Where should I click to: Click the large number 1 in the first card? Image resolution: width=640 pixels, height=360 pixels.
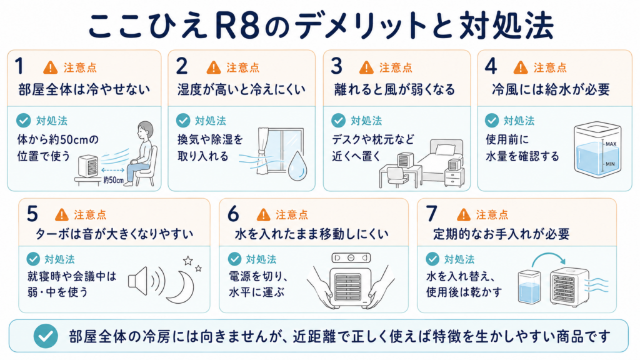[x=19, y=66]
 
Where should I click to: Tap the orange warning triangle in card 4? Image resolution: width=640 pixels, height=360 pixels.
[x=521, y=67]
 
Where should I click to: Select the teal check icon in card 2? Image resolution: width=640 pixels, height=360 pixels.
[x=183, y=121]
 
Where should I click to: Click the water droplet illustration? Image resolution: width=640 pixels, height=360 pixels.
[x=297, y=166]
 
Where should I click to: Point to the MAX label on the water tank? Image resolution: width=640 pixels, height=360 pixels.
[x=611, y=144]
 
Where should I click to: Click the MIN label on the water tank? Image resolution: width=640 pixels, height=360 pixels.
[x=610, y=164]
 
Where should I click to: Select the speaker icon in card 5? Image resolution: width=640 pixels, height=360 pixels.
[x=137, y=281]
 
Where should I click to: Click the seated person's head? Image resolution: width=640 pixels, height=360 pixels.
[x=145, y=130]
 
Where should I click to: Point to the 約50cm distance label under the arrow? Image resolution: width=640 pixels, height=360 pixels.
[x=113, y=180]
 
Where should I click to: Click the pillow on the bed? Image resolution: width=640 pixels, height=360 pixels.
[x=445, y=150]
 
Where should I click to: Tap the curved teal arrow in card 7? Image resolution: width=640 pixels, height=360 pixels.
[x=549, y=257]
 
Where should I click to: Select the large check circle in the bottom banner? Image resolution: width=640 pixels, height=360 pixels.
[x=46, y=336]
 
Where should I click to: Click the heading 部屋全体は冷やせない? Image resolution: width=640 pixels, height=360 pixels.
[x=84, y=89]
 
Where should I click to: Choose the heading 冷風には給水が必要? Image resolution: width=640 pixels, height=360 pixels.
[x=551, y=89]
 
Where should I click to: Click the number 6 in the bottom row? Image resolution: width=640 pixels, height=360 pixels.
[x=233, y=214]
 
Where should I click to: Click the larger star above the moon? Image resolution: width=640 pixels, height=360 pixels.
[x=187, y=261]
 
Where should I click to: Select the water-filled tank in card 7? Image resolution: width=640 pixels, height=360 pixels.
[x=529, y=287]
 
